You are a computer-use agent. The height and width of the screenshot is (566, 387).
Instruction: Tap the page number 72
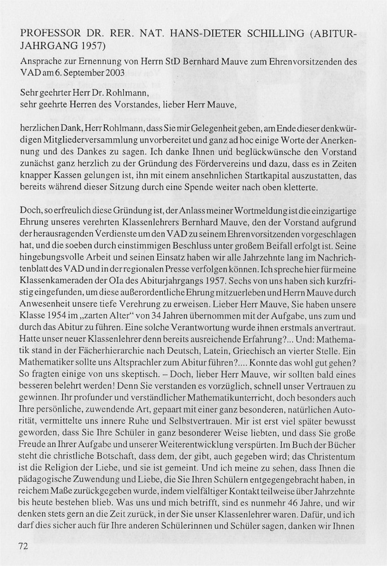pyautogui.click(x=23, y=546)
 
